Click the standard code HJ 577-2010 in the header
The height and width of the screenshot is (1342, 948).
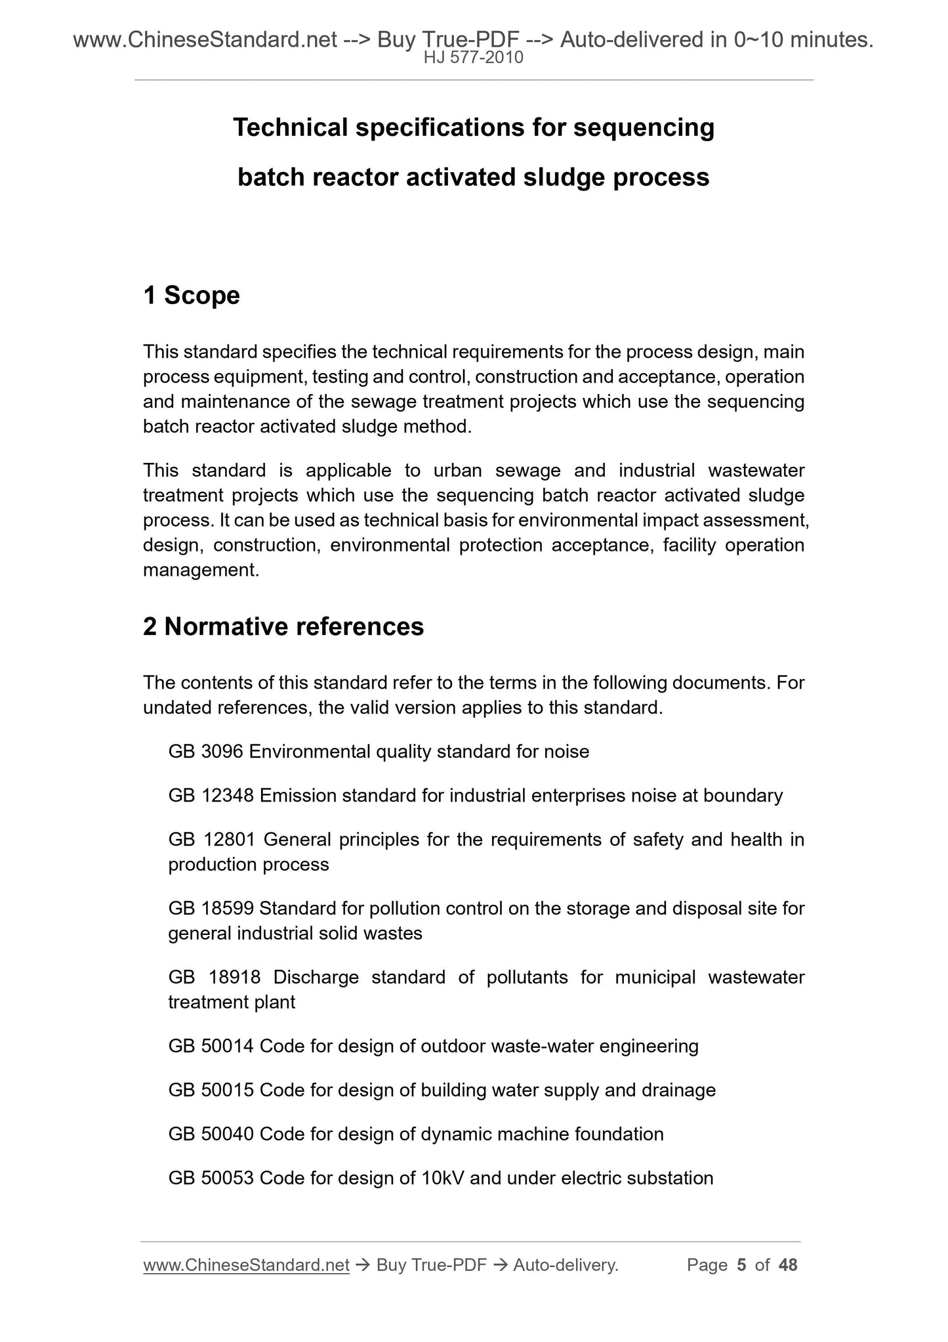tap(473, 58)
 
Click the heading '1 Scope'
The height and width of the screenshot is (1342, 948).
tap(192, 295)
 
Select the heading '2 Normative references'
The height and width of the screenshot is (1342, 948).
tap(283, 627)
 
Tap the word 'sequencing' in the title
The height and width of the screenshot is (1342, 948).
tap(644, 127)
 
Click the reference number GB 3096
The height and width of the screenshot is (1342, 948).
tap(206, 751)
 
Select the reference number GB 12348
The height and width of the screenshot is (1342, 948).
tap(211, 796)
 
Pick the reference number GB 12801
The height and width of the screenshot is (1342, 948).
tap(211, 840)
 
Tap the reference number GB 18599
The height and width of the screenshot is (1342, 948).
tap(211, 909)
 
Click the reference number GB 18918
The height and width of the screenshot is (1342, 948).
tap(214, 978)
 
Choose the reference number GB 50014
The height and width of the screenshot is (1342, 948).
tap(211, 1046)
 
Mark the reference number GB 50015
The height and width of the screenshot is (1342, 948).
tap(211, 1090)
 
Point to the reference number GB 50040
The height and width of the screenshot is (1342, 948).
tap(211, 1134)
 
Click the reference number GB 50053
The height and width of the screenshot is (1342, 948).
tap(211, 1178)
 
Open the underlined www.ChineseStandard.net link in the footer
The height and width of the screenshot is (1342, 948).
tap(246, 1265)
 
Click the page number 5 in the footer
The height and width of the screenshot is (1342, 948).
tap(741, 1265)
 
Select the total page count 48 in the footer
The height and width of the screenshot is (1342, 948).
tap(788, 1265)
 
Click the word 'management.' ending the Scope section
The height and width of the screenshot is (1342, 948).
tap(201, 570)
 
